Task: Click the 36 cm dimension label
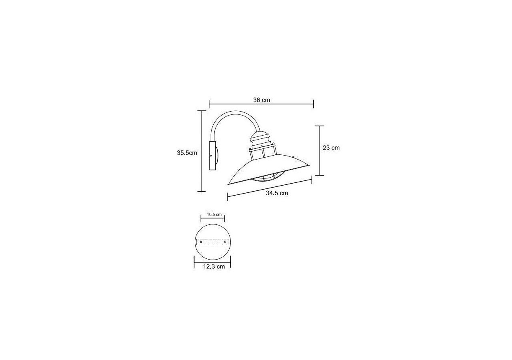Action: [x=262, y=100]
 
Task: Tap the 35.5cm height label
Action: [x=187, y=153]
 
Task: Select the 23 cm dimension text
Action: [x=331, y=148]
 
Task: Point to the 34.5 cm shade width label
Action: [x=277, y=193]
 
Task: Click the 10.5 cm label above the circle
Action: [x=214, y=215]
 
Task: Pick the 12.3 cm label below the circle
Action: [x=214, y=266]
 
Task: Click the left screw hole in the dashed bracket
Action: [x=201, y=242]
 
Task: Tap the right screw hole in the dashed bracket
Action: [x=225, y=242]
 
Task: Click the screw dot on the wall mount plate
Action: [x=211, y=156]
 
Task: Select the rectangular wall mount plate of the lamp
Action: [x=212, y=156]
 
